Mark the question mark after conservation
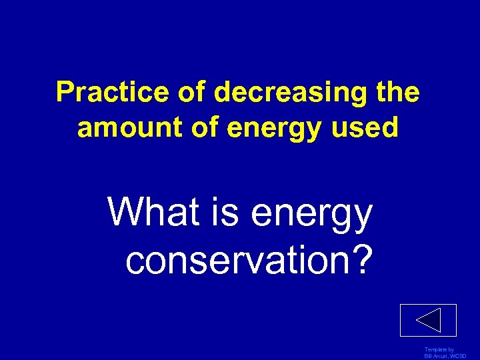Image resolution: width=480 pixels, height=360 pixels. pyautogui.click(x=360, y=259)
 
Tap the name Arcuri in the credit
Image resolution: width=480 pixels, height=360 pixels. pyautogui.click(x=441, y=357)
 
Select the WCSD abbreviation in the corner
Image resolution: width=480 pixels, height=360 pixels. pyautogui.click(x=459, y=357)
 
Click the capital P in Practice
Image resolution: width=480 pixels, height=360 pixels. pyautogui.click(x=65, y=93)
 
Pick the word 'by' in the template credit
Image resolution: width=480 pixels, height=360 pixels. pyautogui.click(x=451, y=349)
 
